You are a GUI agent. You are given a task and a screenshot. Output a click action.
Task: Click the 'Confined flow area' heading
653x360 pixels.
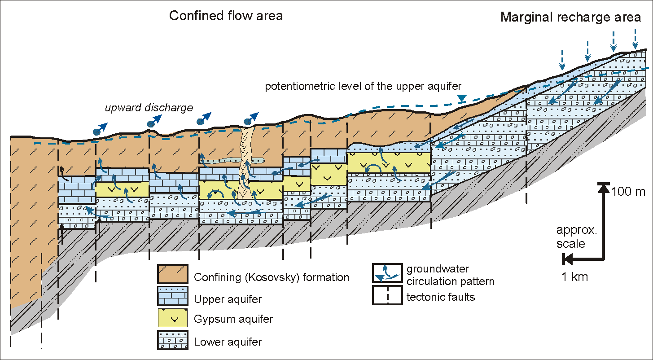(x=226, y=16)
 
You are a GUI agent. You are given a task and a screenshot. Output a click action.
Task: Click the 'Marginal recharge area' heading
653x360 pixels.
(x=570, y=18)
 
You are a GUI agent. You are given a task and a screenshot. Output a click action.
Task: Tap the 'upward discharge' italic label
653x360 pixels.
(x=149, y=108)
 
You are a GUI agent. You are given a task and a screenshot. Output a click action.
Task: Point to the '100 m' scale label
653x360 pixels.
(x=628, y=192)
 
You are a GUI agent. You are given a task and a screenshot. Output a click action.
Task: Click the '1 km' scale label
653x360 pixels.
(x=574, y=277)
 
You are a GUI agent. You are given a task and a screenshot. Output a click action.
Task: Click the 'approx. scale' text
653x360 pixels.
(x=570, y=237)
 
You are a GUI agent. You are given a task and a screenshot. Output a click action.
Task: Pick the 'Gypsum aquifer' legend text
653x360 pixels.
(x=233, y=319)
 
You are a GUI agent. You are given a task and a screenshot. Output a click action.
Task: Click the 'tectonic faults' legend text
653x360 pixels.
(x=440, y=297)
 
